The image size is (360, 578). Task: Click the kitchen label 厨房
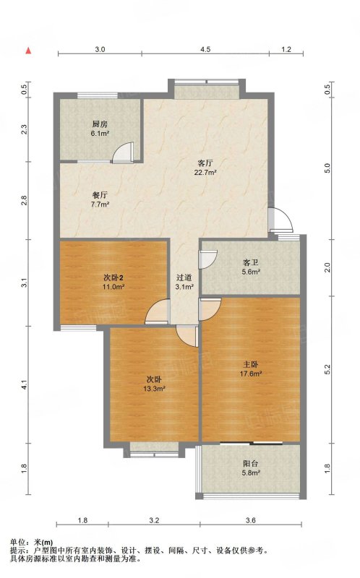point(100,124)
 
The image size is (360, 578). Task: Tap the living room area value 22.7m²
point(205,172)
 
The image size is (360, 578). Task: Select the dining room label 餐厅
point(100,194)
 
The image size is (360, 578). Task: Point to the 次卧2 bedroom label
point(113,277)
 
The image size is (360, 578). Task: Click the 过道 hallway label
point(184,277)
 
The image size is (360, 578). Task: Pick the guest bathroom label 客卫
point(250,263)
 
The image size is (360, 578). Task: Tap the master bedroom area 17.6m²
point(251,374)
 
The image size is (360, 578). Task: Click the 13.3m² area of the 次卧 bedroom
point(154,388)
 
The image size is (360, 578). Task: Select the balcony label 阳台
point(250,464)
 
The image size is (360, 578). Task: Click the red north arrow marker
point(28,51)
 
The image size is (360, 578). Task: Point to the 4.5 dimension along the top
point(205,49)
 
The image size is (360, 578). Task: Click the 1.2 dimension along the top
point(286,49)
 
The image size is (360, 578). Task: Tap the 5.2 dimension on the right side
point(327,370)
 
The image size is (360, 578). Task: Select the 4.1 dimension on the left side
point(24,385)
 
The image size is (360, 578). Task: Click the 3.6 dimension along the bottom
point(251,520)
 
